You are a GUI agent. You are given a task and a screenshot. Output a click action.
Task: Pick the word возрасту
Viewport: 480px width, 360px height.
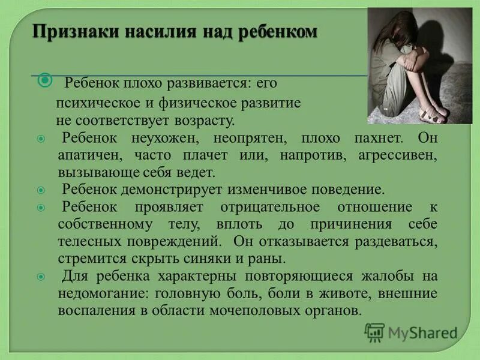[x=203, y=121]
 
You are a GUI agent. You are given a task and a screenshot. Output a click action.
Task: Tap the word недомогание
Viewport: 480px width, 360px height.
[x=103, y=294]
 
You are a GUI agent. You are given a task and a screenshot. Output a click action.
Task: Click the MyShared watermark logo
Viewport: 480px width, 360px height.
[x=411, y=332]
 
